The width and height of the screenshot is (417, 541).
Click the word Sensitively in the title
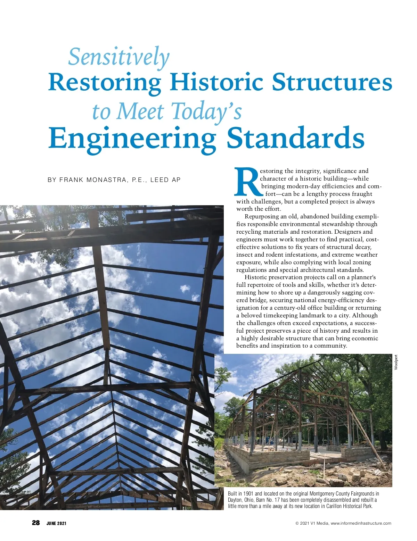119,57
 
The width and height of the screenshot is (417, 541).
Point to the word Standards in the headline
295,138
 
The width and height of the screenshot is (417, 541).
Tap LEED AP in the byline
165,180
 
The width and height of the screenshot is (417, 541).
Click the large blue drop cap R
247,182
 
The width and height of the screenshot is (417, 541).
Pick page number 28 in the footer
36,523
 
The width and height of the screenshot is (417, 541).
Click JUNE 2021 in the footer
56,523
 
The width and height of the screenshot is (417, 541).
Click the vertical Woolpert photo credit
396,362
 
